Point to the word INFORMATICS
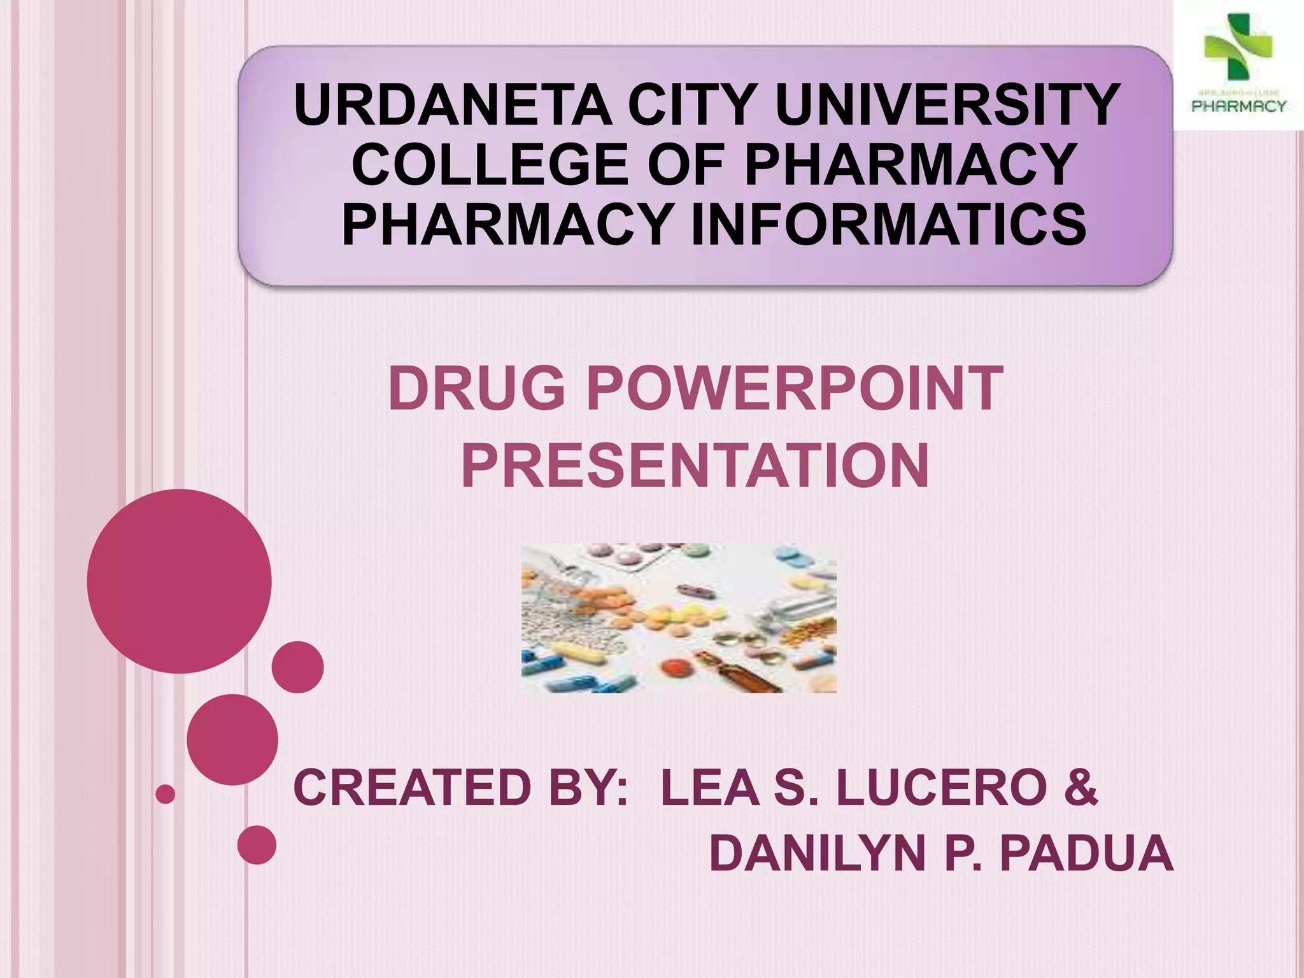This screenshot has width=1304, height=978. (x=888, y=224)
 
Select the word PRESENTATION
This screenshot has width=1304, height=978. (x=695, y=467)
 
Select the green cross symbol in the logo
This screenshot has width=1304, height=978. (x=1237, y=46)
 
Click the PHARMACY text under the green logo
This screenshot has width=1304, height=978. (x=1238, y=106)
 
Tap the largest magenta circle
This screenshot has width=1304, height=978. (x=180, y=581)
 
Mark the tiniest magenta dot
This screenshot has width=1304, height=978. (x=166, y=794)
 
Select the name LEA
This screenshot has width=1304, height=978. (x=710, y=788)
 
